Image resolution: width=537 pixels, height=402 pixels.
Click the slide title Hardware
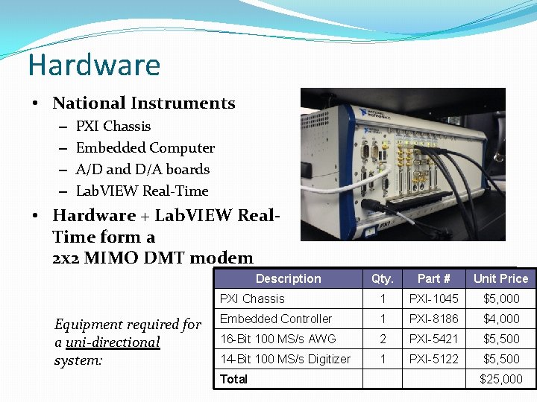(x=94, y=66)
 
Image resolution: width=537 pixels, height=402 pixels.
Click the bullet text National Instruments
(x=143, y=103)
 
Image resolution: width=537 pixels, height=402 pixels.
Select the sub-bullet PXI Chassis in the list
(x=113, y=127)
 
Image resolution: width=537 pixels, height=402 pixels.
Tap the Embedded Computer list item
(x=145, y=148)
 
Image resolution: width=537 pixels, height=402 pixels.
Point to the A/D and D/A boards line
(x=142, y=170)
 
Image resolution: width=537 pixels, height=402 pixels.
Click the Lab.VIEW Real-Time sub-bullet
(x=142, y=191)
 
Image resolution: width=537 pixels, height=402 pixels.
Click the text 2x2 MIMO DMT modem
(x=153, y=258)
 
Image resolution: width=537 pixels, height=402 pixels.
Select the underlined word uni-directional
(x=113, y=342)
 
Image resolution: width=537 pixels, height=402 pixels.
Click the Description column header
(x=288, y=278)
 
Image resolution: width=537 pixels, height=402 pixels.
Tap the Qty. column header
(x=382, y=278)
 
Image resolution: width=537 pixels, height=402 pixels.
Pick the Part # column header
(x=433, y=278)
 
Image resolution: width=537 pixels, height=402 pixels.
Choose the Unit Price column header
(x=500, y=278)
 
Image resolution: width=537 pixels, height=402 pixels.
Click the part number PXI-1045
(x=433, y=299)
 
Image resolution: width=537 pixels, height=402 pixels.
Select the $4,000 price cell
(x=501, y=319)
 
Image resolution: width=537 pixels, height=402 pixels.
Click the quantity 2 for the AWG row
(x=382, y=339)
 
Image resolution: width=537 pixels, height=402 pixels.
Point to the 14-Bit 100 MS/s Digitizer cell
(x=285, y=359)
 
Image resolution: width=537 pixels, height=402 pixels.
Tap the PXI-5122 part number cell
(x=433, y=359)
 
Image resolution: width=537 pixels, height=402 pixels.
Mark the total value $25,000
(x=501, y=379)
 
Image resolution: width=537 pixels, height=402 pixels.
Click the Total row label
(x=233, y=379)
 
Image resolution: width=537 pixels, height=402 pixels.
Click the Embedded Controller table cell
(x=275, y=319)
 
